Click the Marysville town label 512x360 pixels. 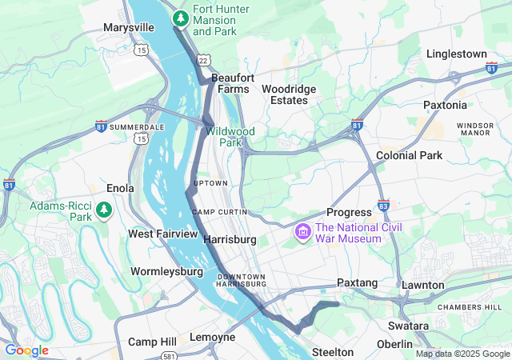pyautogui.click(x=128, y=27)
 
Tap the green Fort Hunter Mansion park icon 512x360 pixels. pyautogui.click(x=182, y=17)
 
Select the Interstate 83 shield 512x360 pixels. pyautogui.click(x=383, y=205)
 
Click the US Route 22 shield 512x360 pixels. pyautogui.click(x=204, y=60)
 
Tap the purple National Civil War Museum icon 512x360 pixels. pyautogui.click(x=302, y=233)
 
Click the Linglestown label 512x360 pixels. pyautogui.click(x=456, y=54)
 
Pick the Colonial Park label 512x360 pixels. pyautogui.click(x=409, y=155)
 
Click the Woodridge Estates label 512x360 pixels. pyautogui.click(x=289, y=94)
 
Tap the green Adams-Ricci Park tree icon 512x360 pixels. pyautogui.click(x=103, y=210)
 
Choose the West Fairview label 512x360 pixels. pyautogui.click(x=162, y=234)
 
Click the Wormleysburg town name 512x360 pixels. pyautogui.click(x=166, y=271)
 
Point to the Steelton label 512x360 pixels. pyautogui.click(x=332, y=352)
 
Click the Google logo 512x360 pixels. pyautogui.click(x=26, y=350)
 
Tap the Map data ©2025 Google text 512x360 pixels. pyautogui.click(x=462, y=354)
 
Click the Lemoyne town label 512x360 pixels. pyautogui.click(x=212, y=337)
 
